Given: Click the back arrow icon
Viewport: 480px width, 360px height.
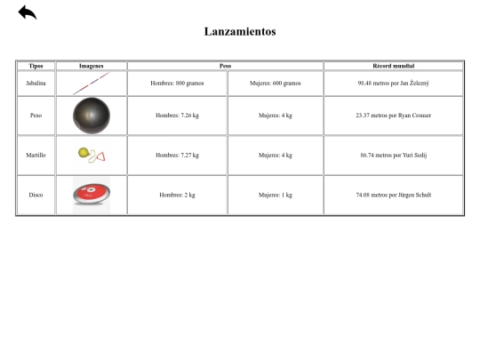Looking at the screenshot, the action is (27, 12).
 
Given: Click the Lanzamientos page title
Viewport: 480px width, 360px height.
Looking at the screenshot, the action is (240, 32).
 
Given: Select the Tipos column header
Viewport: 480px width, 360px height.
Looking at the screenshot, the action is (36, 66).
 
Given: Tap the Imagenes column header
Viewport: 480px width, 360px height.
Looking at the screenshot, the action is (92, 66).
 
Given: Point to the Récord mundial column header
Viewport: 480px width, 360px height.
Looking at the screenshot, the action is (393, 66).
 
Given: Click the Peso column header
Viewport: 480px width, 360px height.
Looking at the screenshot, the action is (225, 66).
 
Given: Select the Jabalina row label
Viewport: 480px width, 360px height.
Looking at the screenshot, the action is (36, 83).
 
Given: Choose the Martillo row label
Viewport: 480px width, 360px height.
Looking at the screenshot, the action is (36, 155).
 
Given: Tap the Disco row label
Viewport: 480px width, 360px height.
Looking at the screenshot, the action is (36, 195).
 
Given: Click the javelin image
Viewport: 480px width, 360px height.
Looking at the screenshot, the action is (92, 83).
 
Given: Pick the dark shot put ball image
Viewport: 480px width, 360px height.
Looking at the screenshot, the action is (92, 116).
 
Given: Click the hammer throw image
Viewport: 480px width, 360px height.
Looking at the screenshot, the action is (92, 156).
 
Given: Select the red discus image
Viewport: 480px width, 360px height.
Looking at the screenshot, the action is (92, 194).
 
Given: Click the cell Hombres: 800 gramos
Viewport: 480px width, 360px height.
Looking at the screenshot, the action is (177, 83).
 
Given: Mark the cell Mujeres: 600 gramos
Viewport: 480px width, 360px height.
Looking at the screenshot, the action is (275, 83).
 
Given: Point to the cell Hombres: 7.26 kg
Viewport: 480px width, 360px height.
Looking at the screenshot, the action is (177, 116).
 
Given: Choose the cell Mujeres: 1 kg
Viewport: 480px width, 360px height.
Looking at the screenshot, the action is (275, 195).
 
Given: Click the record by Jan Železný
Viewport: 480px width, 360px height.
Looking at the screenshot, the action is (393, 83).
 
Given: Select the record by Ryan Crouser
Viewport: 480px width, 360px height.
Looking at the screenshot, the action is (393, 116).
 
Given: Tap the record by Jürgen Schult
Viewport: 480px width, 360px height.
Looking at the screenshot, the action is (393, 195).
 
